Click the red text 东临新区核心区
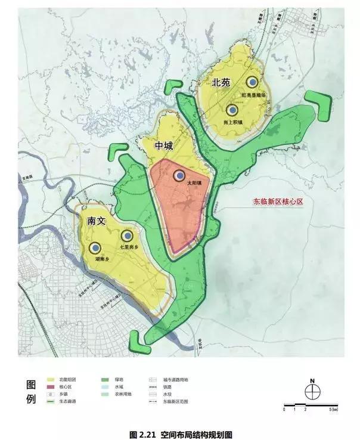point(279,202)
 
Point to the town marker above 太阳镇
point(179,175)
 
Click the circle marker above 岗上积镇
point(232,110)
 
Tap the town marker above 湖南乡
point(95,248)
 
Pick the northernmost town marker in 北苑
point(253,82)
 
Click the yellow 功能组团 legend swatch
point(49,379)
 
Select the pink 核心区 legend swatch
point(49,387)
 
